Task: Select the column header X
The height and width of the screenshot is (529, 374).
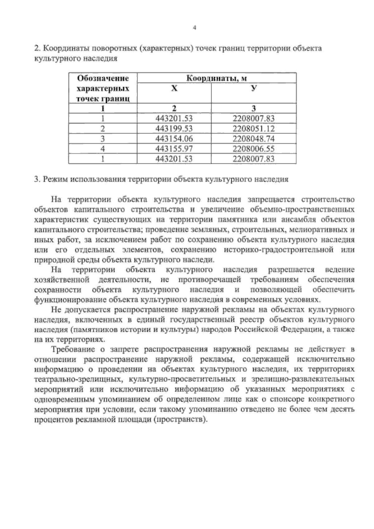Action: (174, 89)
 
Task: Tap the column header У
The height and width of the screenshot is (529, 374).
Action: (254, 89)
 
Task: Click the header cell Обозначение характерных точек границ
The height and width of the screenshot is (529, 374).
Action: (103, 89)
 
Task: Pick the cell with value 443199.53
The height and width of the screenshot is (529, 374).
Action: (174, 128)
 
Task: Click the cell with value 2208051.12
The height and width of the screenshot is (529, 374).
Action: (253, 128)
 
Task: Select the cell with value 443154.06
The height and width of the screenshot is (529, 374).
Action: (174, 139)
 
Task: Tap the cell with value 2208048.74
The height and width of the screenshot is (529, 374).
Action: (253, 139)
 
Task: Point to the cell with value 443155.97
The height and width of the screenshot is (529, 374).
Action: (174, 149)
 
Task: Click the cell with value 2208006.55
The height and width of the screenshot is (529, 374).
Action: (253, 149)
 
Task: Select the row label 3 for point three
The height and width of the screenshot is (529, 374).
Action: (103, 139)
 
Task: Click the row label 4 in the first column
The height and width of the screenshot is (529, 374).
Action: (103, 149)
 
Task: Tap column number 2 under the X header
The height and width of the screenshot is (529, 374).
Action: (174, 108)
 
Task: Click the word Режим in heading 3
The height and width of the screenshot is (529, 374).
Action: (56, 180)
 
